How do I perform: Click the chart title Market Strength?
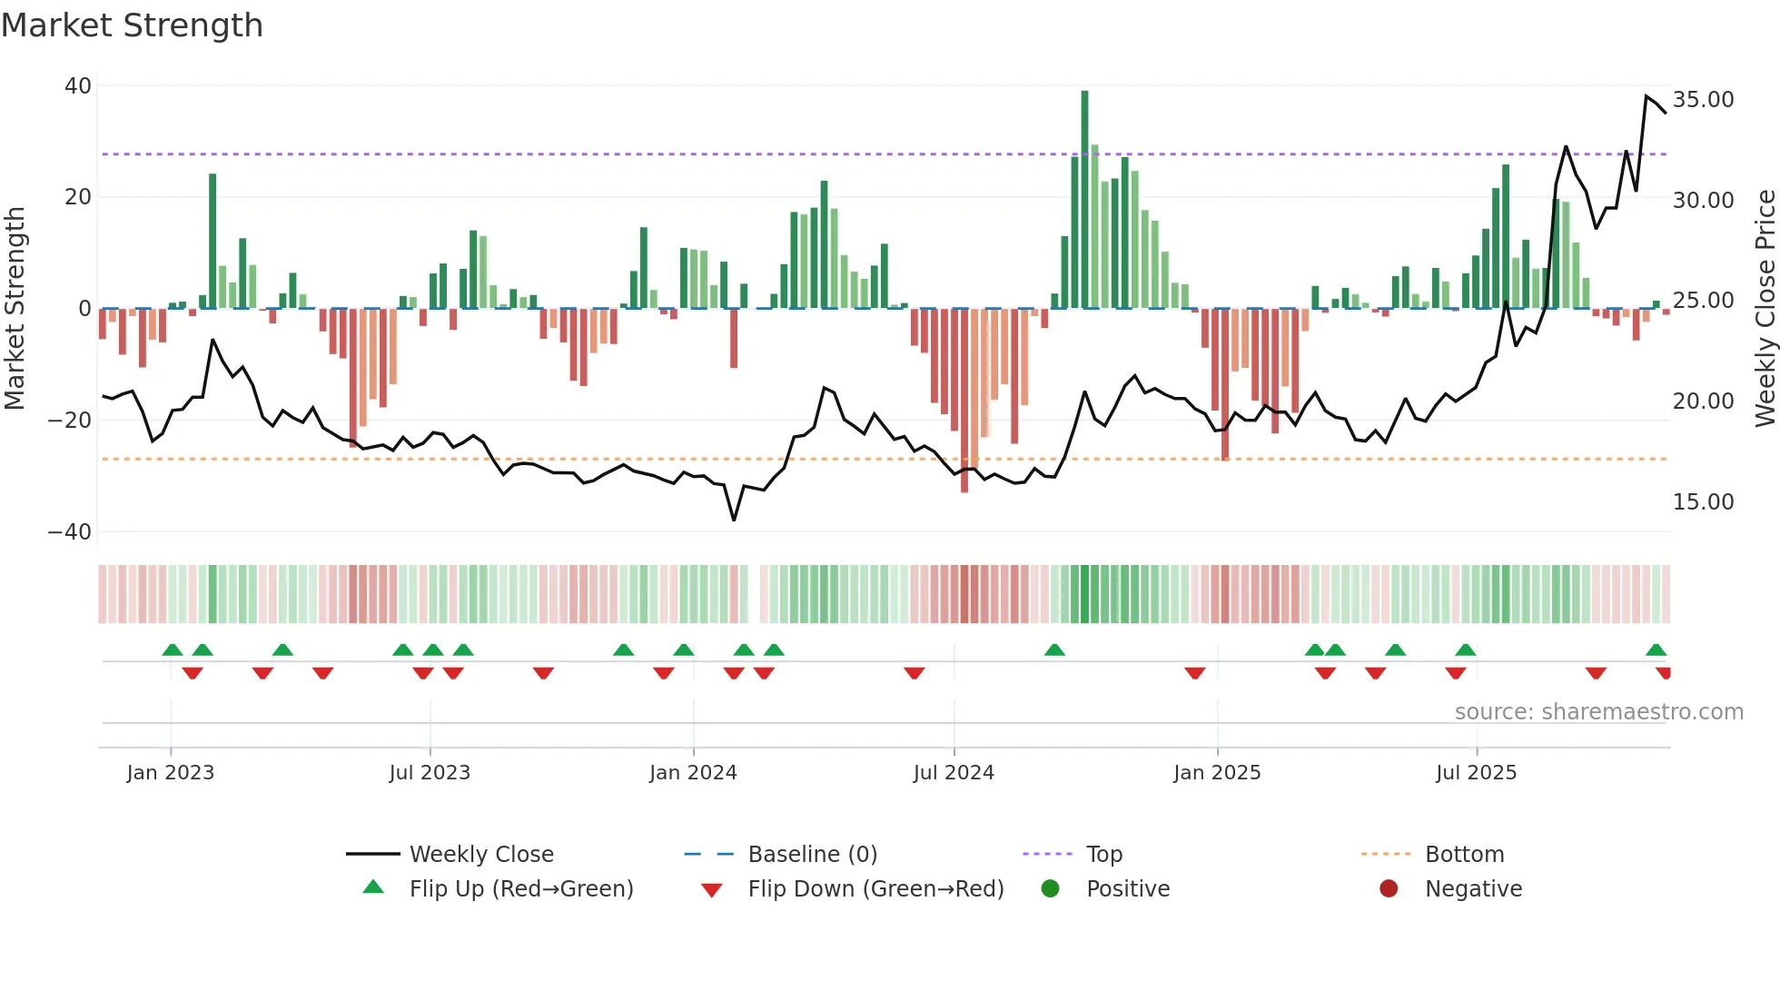[x=132, y=25]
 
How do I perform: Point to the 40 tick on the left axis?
[x=78, y=86]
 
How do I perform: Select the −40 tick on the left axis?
[x=70, y=532]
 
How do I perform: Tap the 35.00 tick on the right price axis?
[x=1703, y=100]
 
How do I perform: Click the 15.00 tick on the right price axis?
[x=1703, y=502]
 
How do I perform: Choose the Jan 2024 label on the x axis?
[x=693, y=773]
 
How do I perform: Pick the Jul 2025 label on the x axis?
[x=1476, y=773]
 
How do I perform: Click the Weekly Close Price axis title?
[x=1765, y=309]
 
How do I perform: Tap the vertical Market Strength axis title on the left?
[x=15, y=309]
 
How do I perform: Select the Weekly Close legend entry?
[x=480, y=855]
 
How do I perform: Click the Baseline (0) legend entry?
[x=812, y=855]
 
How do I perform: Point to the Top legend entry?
[x=1103, y=855]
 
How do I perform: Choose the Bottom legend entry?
[x=1464, y=855]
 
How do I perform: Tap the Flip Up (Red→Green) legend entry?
[x=520, y=889]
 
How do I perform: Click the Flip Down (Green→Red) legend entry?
[x=875, y=889]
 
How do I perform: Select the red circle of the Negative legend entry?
[x=1389, y=889]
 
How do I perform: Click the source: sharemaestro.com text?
[x=1598, y=712]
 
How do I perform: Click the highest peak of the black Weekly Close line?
[x=1646, y=96]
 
